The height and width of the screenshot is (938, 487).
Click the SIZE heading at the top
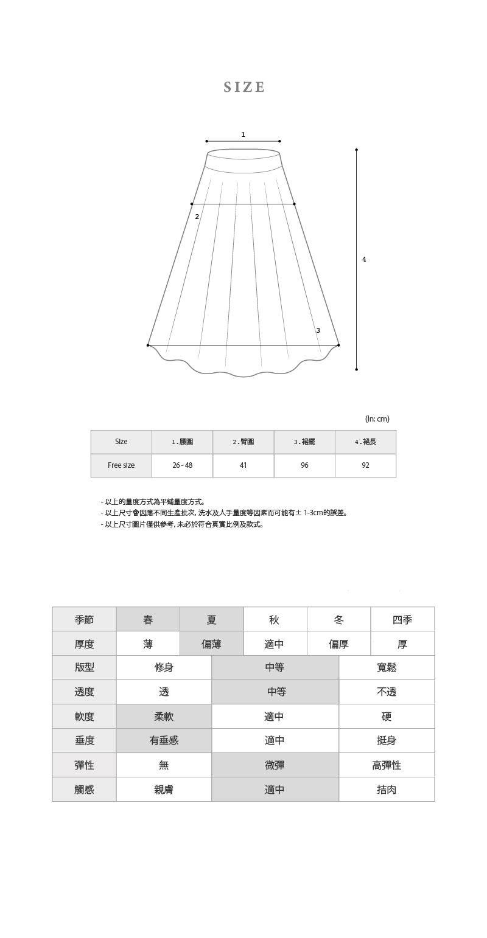click(244, 88)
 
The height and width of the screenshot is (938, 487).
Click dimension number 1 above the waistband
click(243, 134)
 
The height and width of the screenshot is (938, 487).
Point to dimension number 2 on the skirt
click(197, 217)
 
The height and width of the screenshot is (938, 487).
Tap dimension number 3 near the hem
click(318, 330)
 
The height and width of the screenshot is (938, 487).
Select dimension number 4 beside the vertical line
click(364, 259)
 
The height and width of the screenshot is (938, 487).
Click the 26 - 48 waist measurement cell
click(182, 465)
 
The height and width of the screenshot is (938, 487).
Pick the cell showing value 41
click(243, 465)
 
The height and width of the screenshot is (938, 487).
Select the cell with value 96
click(304, 465)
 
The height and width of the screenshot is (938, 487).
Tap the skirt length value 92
click(365, 465)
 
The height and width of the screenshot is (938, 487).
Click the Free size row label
click(121, 465)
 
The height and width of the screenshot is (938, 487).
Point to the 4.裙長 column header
click(365, 442)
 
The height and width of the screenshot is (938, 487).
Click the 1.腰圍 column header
click(182, 442)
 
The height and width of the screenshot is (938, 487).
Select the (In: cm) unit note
click(377, 419)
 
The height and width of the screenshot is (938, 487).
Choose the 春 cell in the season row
click(148, 619)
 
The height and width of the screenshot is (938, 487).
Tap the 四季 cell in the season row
click(402, 619)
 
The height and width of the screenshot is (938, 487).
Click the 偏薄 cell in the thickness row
click(211, 644)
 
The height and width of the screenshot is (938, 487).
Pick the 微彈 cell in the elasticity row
click(275, 765)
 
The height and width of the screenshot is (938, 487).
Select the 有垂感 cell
click(164, 740)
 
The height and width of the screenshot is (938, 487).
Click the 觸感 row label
click(84, 790)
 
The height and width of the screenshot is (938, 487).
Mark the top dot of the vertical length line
click(356, 150)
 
